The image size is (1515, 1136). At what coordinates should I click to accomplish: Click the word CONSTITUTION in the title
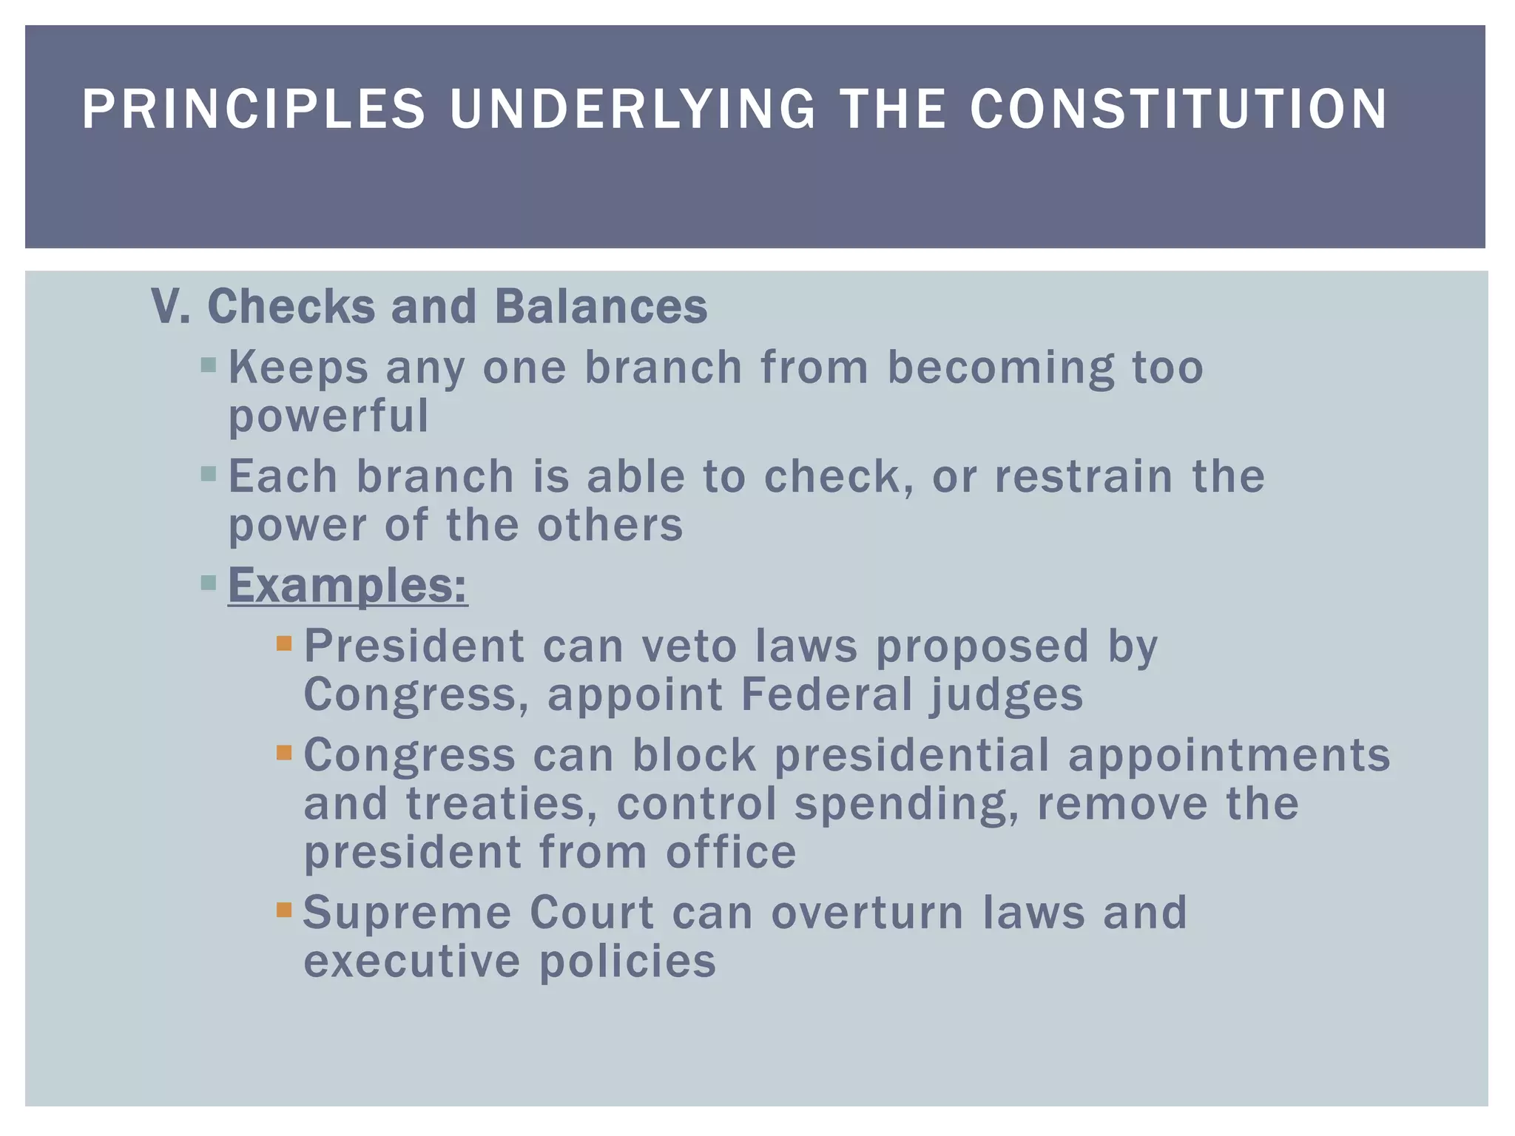(1178, 109)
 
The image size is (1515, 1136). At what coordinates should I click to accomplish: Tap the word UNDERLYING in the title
(632, 109)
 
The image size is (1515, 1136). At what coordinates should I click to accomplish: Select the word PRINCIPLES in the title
(254, 109)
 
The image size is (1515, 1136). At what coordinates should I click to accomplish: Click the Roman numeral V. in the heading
(170, 306)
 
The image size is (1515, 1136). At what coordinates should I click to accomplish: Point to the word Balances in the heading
(601, 306)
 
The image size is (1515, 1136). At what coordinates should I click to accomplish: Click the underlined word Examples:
(348, 586)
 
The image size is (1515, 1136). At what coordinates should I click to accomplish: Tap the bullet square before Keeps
(209, 365)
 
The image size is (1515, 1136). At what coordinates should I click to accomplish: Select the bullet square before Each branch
(209, 473)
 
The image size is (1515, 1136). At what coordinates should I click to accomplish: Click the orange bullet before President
(284, 643)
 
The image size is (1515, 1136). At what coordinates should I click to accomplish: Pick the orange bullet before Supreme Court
(284, 909)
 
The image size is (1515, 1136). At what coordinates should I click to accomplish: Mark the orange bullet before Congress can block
(284, 753)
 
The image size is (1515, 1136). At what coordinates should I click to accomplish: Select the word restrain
(1084, 476)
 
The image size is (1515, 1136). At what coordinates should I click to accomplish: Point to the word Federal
(826, 695)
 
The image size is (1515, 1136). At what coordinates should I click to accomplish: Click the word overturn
(868, 913)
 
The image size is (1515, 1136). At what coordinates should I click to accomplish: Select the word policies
(627, 963)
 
